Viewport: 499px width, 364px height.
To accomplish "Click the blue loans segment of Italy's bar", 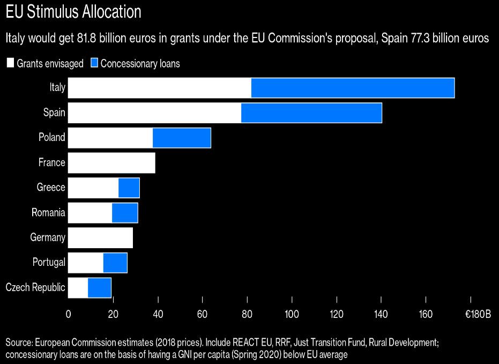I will pos(353,88).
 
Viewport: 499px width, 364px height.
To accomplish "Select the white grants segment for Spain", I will pos(154,113).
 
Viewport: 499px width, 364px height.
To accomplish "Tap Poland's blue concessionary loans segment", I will pos(182,138).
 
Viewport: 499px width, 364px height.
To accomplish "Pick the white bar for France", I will pos(111,163).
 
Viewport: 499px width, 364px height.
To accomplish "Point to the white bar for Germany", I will pos(100,237).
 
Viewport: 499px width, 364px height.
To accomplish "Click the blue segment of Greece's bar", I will pos(129,188).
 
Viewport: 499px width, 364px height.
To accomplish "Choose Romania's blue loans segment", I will pos(125,213).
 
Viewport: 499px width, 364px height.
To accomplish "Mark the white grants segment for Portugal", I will pos(86,263).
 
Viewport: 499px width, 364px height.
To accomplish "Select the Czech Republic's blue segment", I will pos(100,288).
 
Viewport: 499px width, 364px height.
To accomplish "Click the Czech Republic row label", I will pos(35,288).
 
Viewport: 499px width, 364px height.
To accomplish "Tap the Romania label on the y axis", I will pos(48,213).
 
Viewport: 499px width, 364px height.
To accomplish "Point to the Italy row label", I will pos(57,88).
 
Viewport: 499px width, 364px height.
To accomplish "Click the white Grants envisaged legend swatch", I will pos(10,63).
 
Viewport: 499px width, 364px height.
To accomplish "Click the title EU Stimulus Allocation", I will pos(73,12).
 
